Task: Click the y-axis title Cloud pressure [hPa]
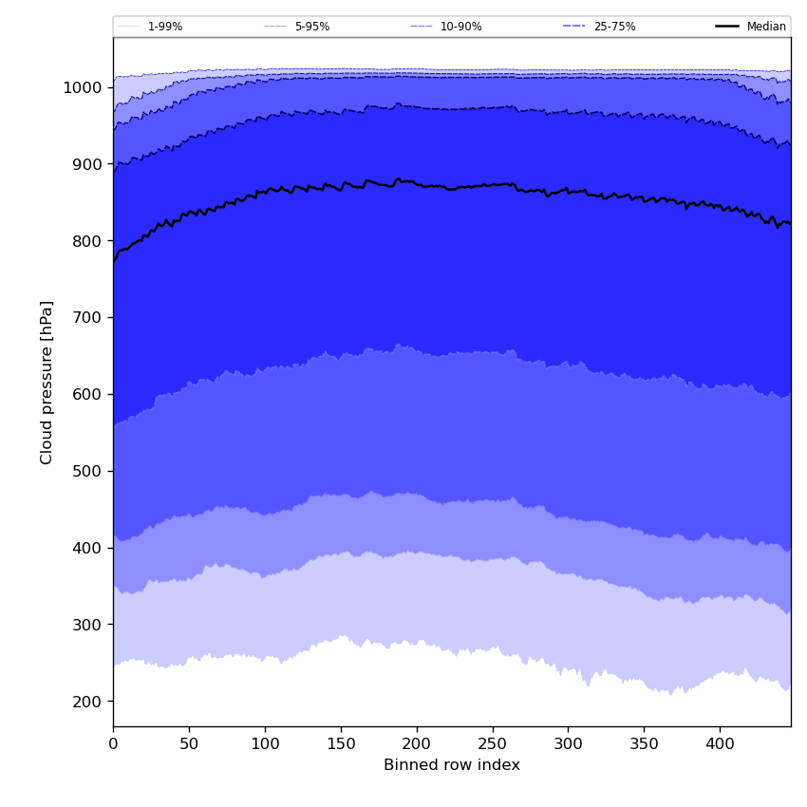coord(47,382)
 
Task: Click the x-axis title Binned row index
coord(451,765)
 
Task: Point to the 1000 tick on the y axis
coord(83,87)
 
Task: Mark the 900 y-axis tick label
coord(87,164)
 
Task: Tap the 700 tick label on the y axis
coord(87,317)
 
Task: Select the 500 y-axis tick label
coord(87,471)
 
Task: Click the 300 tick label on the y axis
coord(87,625)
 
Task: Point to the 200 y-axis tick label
coord(87,702)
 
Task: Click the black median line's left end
coord(114,260)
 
